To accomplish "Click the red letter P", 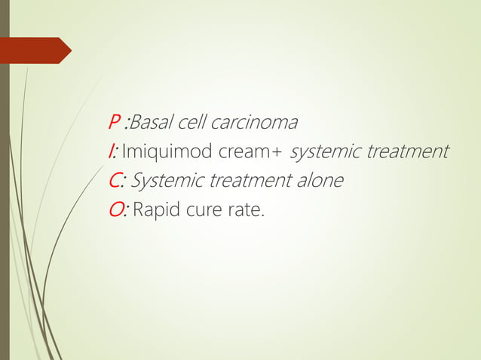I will (x=115, y=122).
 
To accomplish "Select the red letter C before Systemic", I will (x=115, y=182).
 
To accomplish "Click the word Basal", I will (x=151, y=122).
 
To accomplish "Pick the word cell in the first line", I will (x=191, y=122).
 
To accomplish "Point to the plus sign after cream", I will (x=277, y=153).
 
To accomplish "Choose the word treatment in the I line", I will (x=408, y=152).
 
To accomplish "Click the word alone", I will (x=320, y=182).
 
